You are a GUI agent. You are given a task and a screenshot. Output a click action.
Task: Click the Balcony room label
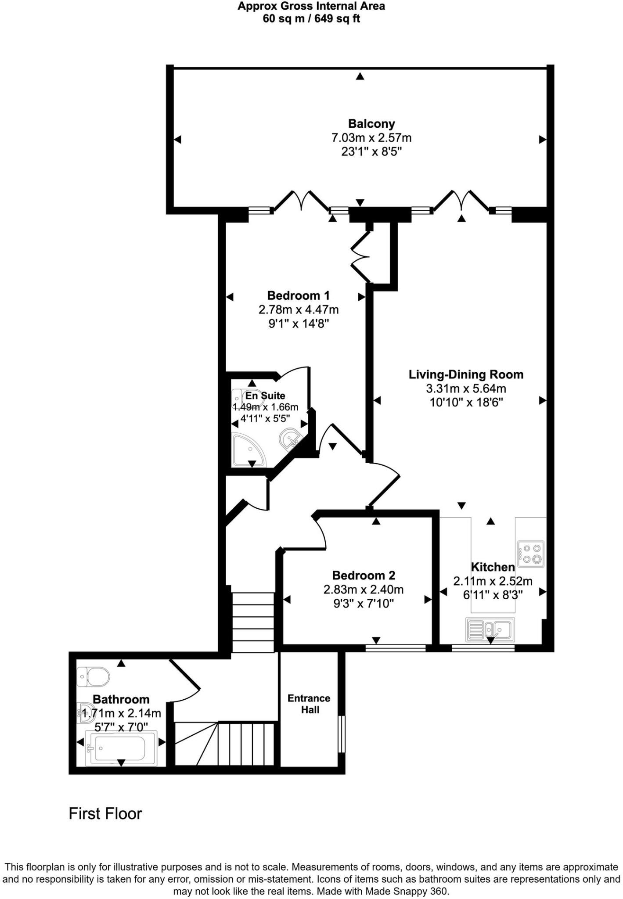[x=371, y=123]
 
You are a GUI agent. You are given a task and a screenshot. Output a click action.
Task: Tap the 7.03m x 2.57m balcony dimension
[x=371, y=138]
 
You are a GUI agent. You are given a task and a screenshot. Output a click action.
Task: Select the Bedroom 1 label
[x=298, y=295]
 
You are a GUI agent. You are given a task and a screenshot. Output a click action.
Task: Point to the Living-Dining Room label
[x=466, y=374]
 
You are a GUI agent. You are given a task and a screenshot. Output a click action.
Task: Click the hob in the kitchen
[x=531, y=554]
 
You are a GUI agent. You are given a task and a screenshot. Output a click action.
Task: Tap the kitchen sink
[x=490, y=630]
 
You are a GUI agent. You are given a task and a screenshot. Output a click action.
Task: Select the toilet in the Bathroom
[x=93, y=676]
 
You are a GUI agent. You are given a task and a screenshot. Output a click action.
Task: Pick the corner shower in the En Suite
[x=248, y=450]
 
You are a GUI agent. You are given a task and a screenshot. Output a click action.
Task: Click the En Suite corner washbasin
[x=291, y=438]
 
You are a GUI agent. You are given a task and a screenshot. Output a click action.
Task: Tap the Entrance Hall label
[x=309, y=704]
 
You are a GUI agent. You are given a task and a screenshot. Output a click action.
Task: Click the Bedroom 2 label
[x=364, y=575]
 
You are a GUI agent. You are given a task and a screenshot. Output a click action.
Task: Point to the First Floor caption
[x=105, y=813]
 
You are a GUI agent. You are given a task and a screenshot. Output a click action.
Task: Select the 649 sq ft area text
[x=335, y=18]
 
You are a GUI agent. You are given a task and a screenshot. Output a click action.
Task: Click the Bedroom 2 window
[x=396, y=648]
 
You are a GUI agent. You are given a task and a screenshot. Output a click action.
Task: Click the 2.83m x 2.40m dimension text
[x=364, y=590]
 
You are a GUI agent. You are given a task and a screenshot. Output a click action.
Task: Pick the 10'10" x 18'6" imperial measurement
[x=466, y=402]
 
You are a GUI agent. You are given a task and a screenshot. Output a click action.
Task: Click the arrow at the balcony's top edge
[x=360, y=76]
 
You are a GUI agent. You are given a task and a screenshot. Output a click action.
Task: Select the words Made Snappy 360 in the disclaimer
[x=414, y=891]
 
